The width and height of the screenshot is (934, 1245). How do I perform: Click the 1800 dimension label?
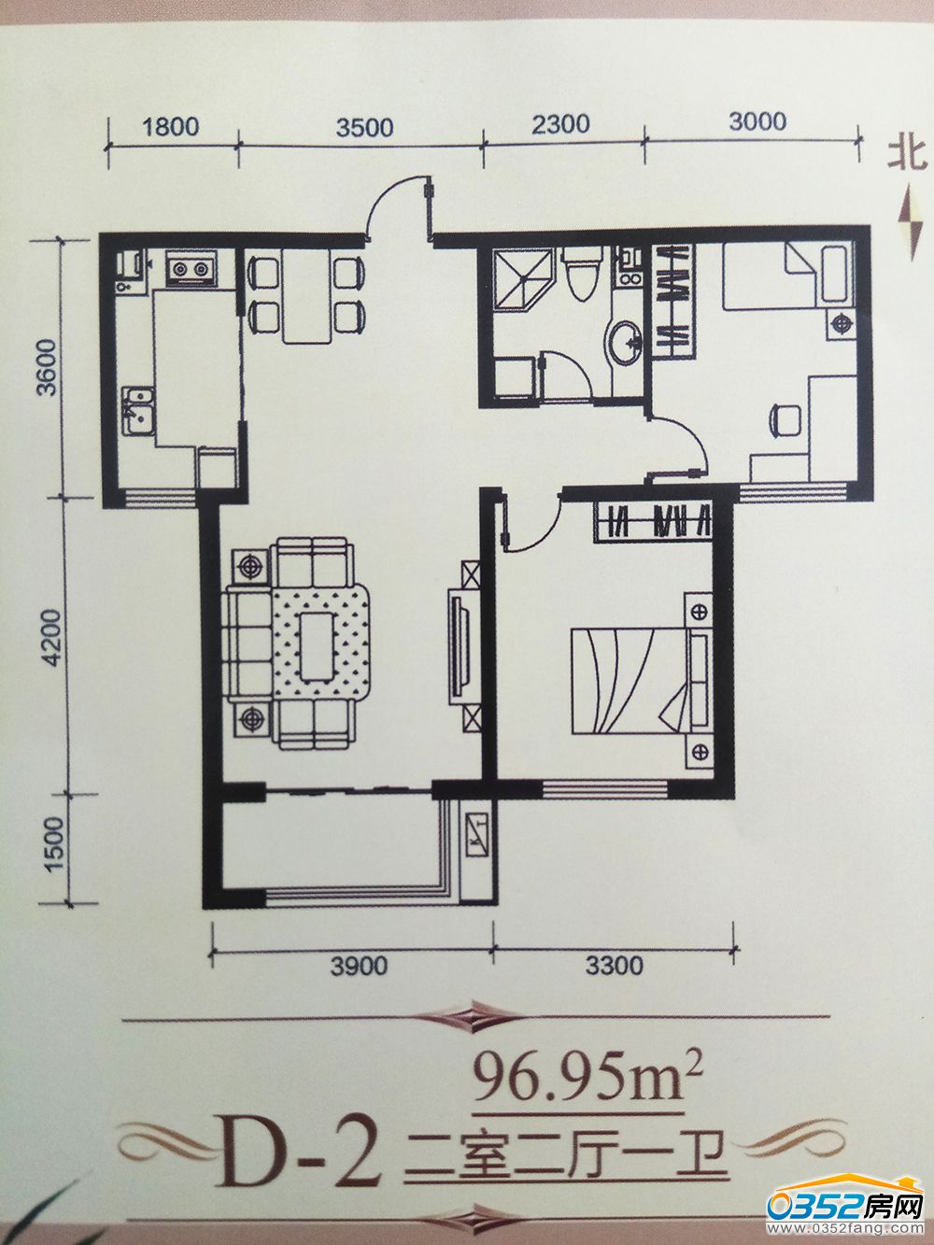[170, 126]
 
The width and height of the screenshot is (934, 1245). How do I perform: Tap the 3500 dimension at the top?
[363, 126]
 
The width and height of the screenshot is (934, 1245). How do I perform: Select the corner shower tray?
[523, 281]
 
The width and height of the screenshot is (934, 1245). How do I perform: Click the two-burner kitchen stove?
[191, 268]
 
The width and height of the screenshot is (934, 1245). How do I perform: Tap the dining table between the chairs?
[306, 297]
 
